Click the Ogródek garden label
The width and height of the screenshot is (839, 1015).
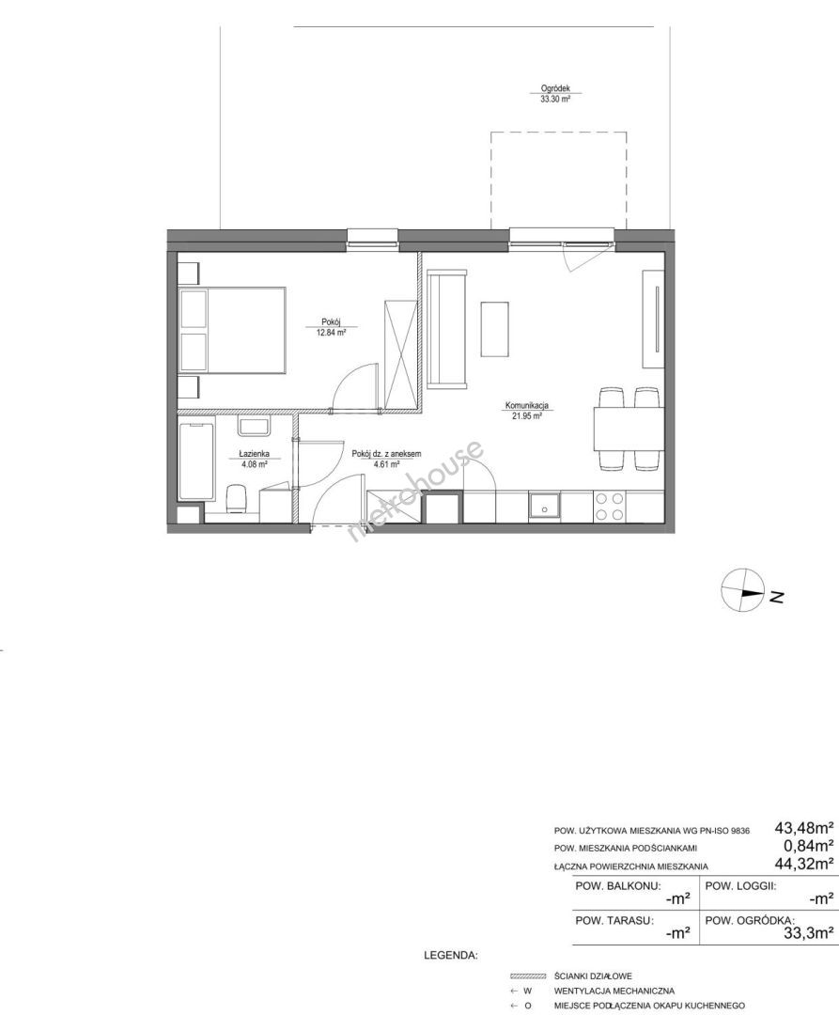point(555,95)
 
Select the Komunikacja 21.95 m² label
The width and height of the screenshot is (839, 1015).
point(527,411)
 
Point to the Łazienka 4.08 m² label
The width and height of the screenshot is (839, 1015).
point(254,459)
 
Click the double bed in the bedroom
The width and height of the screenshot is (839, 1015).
point(232,331)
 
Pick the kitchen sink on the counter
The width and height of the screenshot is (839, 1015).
point(545,507)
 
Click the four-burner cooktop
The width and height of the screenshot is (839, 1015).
point(610,507)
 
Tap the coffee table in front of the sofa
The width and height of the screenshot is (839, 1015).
point(494,329)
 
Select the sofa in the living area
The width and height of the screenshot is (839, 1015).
point(446,332)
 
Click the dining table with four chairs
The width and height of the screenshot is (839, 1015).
point(629,429)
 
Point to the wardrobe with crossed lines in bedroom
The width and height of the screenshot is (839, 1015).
point(400,354)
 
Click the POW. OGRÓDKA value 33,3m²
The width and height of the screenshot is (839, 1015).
point(808,933)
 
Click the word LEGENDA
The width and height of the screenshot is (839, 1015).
point(450,955)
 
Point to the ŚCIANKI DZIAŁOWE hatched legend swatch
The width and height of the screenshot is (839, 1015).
point(528,976)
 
